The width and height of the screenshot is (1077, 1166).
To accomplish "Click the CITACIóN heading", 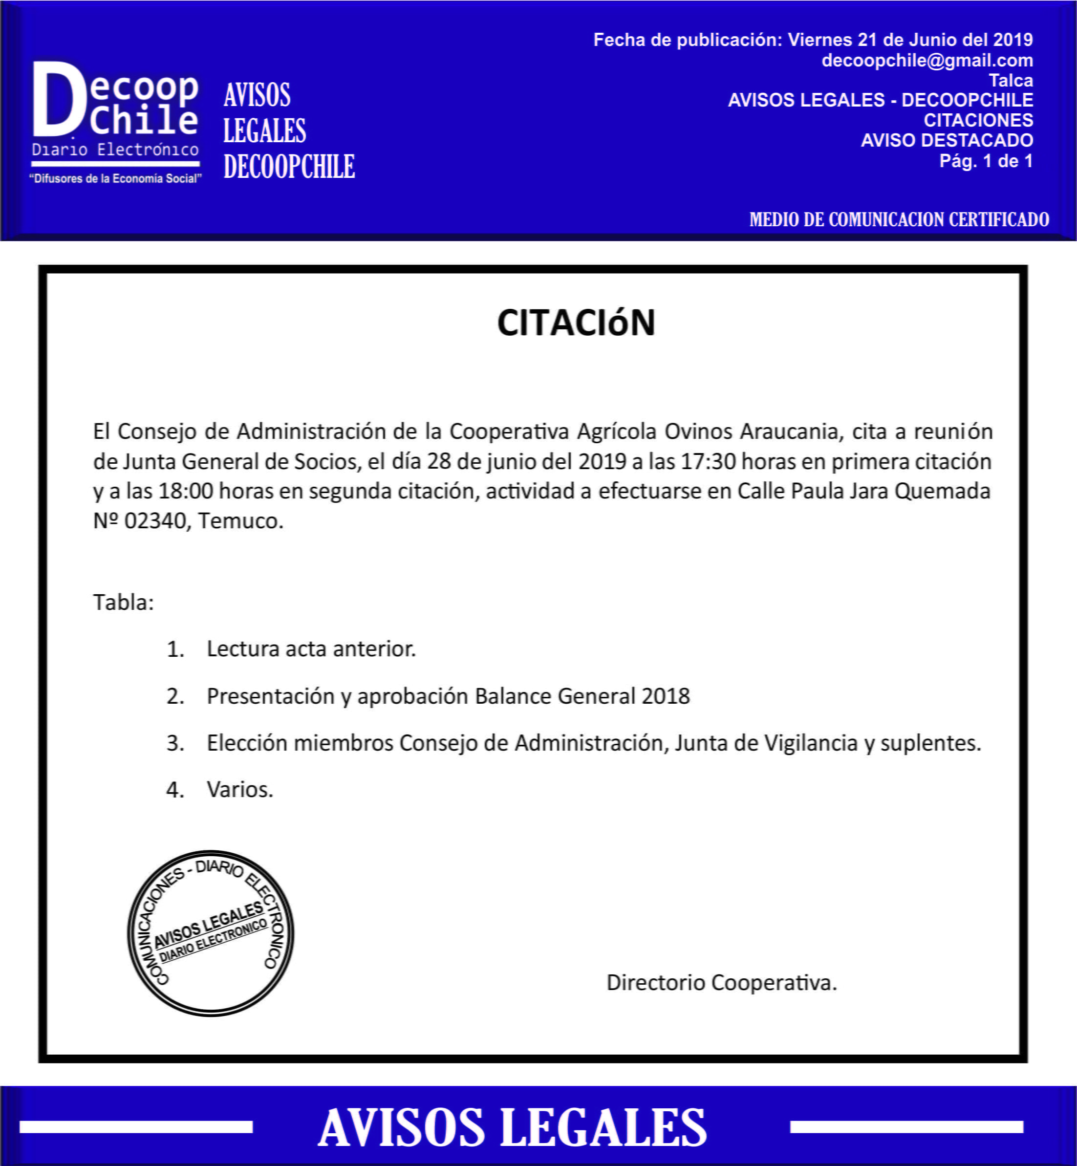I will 576,323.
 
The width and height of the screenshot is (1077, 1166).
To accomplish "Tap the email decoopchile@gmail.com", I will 926,60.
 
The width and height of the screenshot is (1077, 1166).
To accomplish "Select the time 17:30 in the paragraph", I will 708,461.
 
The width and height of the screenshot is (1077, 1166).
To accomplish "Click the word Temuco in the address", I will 240,520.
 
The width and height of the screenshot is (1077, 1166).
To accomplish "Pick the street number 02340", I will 154,520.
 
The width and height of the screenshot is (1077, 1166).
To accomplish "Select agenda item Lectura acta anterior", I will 311,648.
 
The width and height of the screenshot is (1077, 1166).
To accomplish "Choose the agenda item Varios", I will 239,790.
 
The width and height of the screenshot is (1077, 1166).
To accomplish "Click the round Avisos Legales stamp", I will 211,933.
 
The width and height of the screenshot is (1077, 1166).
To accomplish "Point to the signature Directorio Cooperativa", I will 721,982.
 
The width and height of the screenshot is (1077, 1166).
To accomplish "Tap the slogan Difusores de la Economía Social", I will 115,178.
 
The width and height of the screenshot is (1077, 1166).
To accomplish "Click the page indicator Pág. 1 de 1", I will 986,160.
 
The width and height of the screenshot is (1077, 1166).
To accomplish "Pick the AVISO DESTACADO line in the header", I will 947,140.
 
